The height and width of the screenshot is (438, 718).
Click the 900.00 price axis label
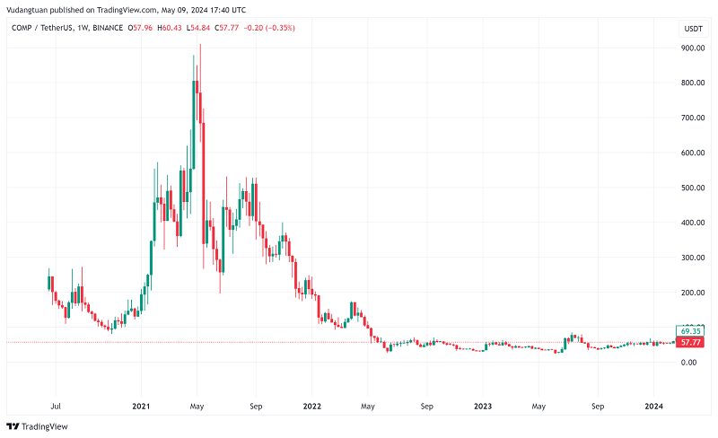(x=693, y=48)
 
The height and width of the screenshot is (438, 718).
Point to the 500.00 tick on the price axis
(x=693, y=188)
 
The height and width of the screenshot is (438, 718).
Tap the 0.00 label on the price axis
(x=688, y=363)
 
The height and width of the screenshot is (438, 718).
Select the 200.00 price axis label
(x=693, y=293)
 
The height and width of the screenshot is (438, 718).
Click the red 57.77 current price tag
(x=690, y=342)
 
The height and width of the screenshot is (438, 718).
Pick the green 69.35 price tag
(x=690, y=330)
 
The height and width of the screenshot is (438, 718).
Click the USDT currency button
(x=693, y=29)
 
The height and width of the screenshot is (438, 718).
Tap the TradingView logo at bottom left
(x=38, y=426)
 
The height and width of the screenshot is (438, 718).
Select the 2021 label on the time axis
(x=141, y=406)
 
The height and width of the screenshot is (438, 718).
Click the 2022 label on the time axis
(x=311, y=406)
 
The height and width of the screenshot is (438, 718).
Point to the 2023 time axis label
(x=483, y=406)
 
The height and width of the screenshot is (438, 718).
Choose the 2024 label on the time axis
(x=654, y=406)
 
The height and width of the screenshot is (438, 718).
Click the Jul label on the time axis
(x=56, y=406)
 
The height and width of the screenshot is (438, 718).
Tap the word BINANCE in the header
(x=106, y=28)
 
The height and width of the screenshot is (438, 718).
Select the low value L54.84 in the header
(x=206, y=28)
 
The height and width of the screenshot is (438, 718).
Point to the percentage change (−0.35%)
(x=277, y=28)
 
